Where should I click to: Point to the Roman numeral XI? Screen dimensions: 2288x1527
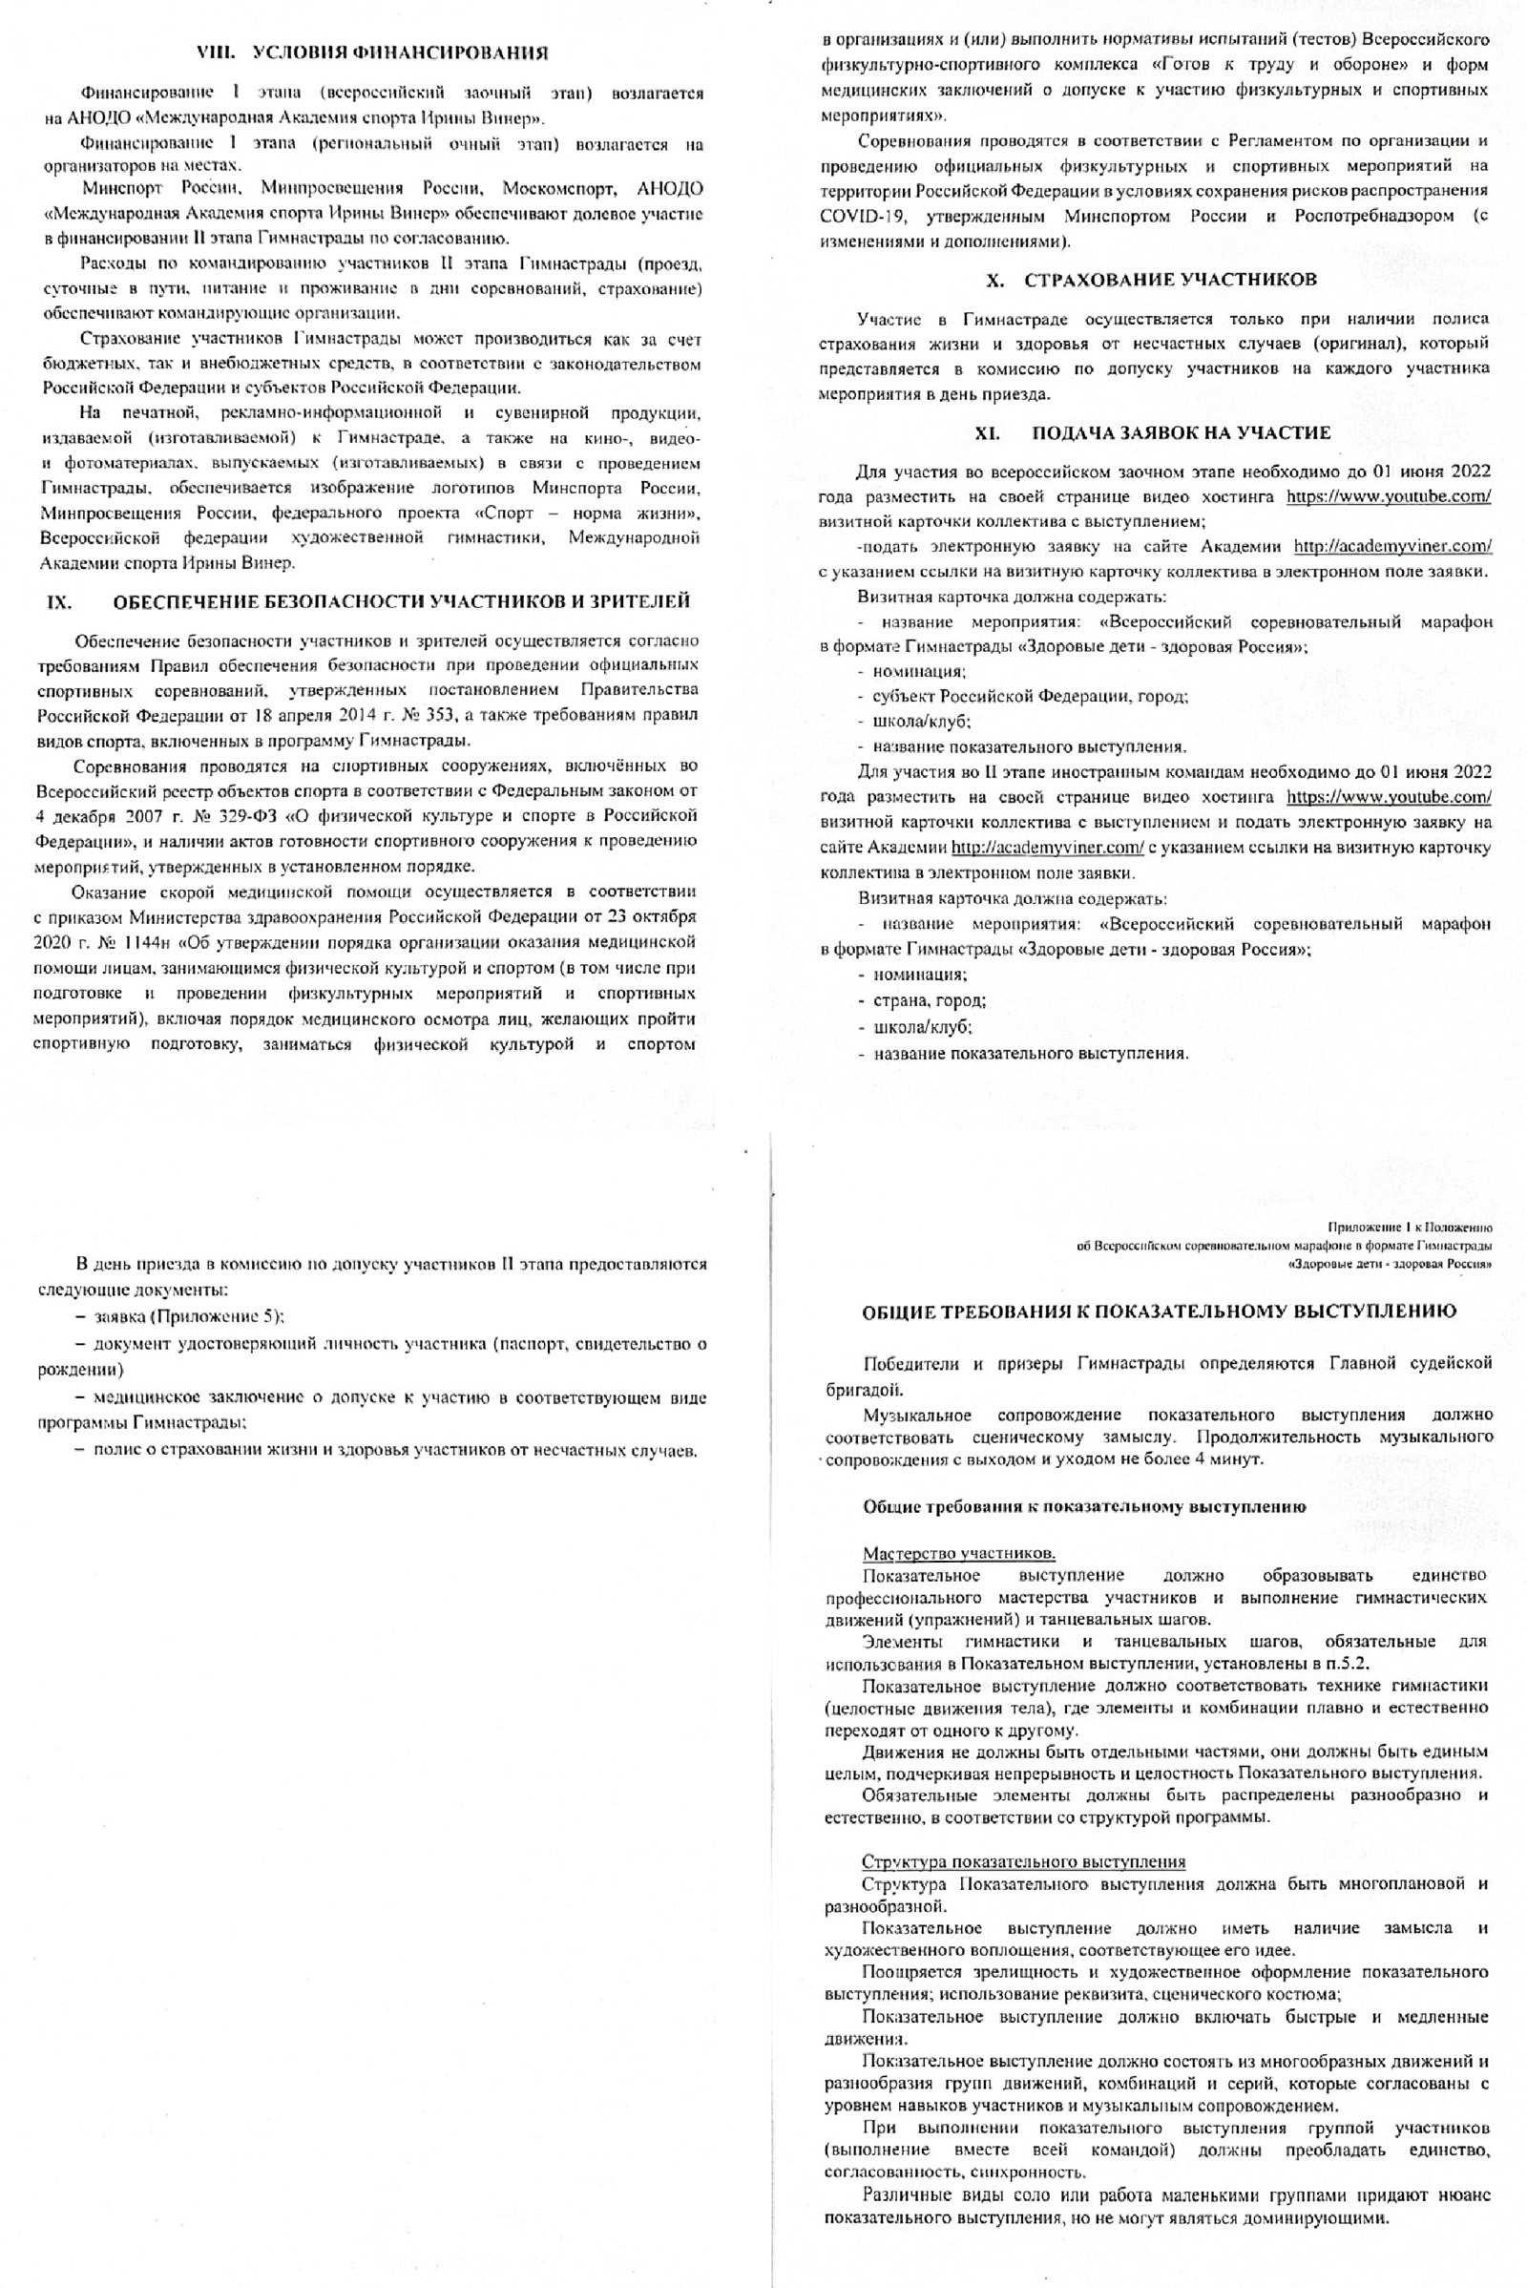tap(989, 432)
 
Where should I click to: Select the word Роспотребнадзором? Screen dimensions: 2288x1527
tap(1374, 217)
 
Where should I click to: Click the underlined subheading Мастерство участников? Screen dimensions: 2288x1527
tap(958, 1553)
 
